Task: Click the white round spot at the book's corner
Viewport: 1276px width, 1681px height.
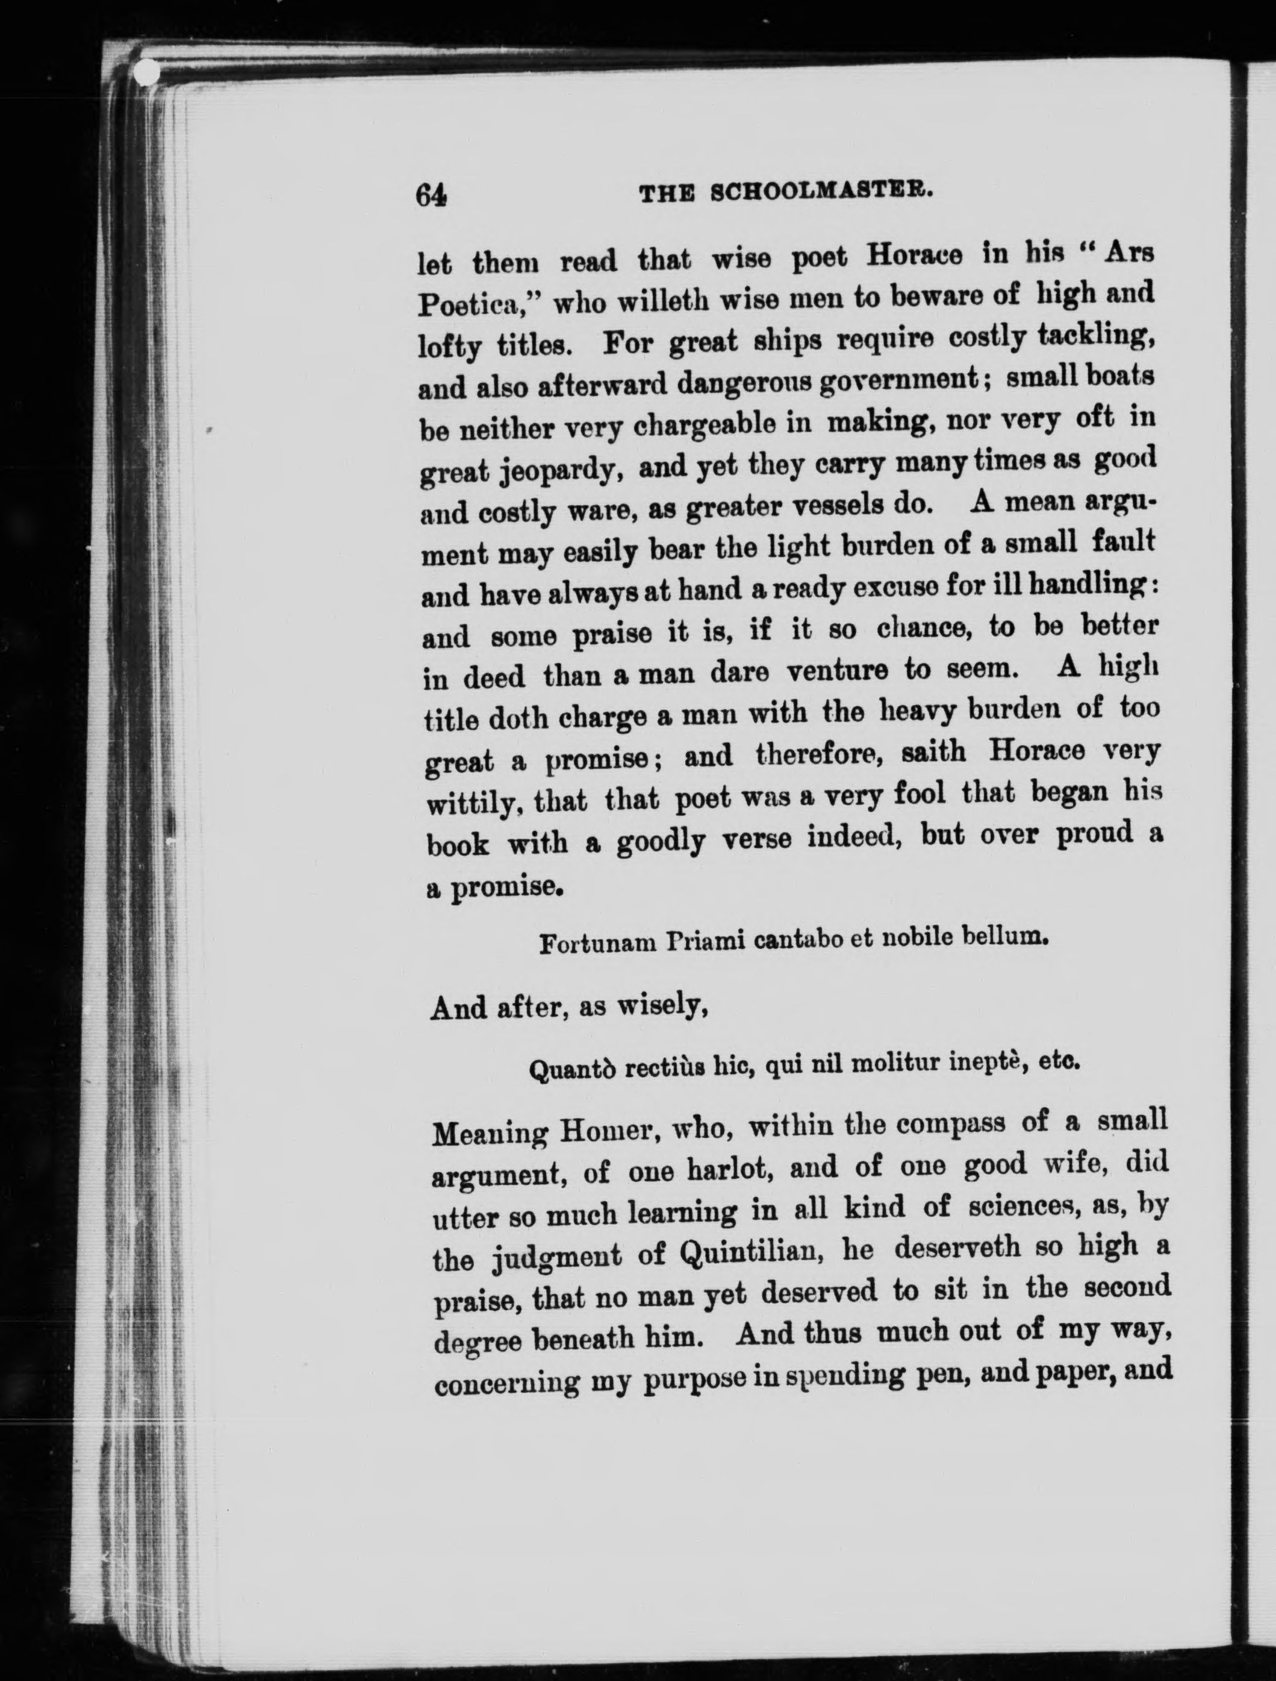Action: point(148,72)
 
